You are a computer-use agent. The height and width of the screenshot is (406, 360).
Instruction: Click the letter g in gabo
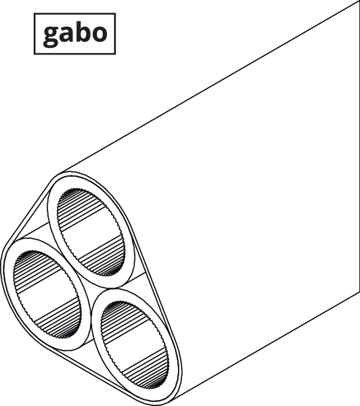click(51, 37)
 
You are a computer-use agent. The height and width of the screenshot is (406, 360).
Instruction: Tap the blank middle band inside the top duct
click(91, 231)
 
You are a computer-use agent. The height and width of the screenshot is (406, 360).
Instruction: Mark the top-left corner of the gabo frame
click(35, 14)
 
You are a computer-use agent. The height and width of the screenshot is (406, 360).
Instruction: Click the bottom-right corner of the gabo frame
click(115, 54)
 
